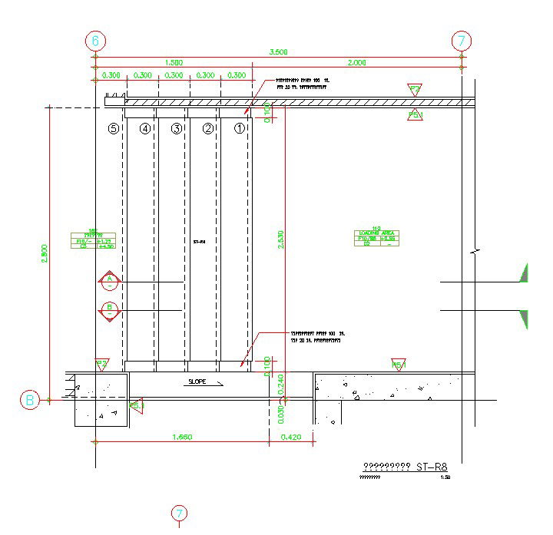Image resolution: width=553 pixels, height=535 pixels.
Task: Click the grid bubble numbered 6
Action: pyautogui.click(x=95, y=41)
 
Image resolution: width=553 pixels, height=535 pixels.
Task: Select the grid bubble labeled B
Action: pyautogui.click(x=30, y=399)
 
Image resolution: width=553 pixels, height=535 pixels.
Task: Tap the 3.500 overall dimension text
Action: pyautogui.click(x=278, y=52)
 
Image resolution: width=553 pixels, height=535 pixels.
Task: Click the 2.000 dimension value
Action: pyautogui.click(x=356, y=63)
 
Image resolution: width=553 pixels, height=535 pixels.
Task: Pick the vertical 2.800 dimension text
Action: pyautogui.click(x=45, y=254)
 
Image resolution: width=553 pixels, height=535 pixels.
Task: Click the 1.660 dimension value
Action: pyautogui.click(x=181, y=437)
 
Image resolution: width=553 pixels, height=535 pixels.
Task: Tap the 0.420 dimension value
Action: pyautogui.click(x=293, y=437)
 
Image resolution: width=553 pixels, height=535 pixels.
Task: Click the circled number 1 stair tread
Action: pyautogui.click(x=239, y=129)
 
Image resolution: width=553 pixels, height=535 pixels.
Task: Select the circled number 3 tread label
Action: pyautogui.click(x=176, y=129)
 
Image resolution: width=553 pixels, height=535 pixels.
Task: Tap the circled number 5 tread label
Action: pyautogui.click(x=114, y=129)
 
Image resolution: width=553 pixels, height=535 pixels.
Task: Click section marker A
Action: pyautogui.click(x=110, y=281)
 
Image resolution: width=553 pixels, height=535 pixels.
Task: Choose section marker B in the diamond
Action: pyautogui.click(x=110, y=310)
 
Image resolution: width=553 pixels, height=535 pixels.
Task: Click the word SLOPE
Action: pyautogui.click(x=197, y=381)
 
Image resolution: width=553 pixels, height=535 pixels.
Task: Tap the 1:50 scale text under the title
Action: pyautogui.click(x=445, y=477)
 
